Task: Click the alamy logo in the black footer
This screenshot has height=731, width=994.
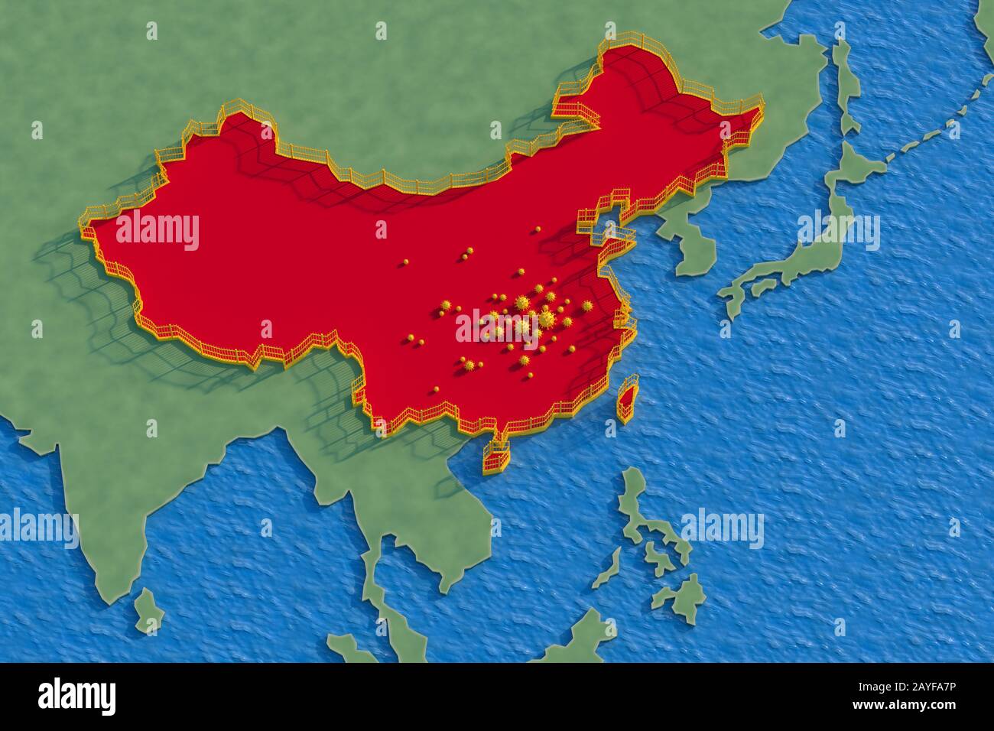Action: pos(76,696)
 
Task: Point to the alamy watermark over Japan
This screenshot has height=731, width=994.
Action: pos(838,231)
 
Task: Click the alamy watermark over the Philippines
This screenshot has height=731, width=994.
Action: pos(720,528)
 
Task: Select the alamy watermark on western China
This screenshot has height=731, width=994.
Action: pos(157,232)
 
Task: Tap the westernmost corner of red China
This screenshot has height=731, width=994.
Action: pos(84,228)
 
